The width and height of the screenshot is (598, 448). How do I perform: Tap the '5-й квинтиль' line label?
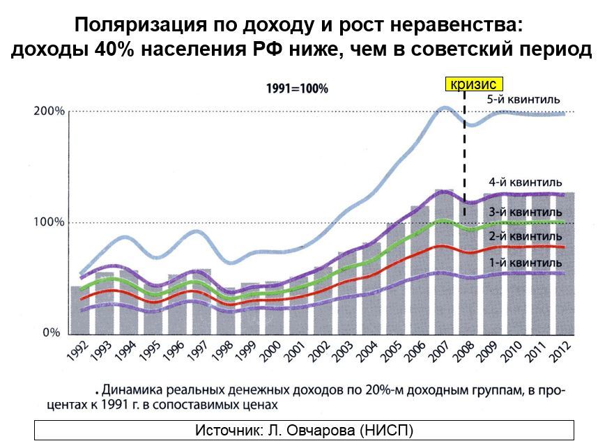523,100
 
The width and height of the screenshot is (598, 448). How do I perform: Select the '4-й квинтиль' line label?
525,183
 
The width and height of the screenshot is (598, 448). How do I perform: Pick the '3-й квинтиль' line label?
525,212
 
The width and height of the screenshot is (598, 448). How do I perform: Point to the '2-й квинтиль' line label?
525,237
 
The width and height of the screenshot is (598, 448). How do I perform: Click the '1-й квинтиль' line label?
525,263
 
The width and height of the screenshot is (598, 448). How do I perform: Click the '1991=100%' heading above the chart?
297,89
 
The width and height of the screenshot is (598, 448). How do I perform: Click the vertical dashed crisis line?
463,160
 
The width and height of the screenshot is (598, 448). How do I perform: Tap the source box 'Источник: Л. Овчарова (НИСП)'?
304,430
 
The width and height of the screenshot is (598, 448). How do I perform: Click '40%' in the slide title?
112,52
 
